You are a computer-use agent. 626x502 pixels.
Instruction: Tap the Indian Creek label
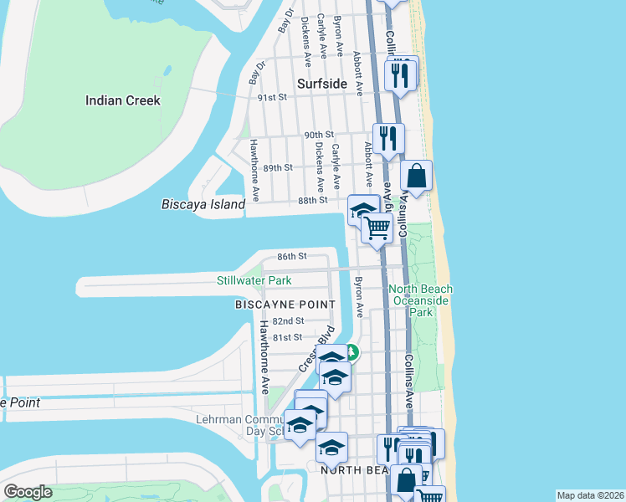click(123, 100)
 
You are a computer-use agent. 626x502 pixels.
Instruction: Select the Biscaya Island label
click(203, 204)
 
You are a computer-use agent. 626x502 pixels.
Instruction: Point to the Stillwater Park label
click(254, 280)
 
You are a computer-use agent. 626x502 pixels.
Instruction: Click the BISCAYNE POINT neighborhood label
click(285, 305)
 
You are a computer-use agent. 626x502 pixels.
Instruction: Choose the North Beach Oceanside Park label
click(421, 300)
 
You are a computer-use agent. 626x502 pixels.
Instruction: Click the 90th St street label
click(319, 135)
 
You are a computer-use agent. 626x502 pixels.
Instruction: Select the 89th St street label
click(277, 167)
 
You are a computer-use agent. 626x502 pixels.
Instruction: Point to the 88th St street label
click(311, 201)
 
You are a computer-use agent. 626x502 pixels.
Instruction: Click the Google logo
click(28, 492)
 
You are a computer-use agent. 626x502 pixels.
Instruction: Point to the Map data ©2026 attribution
click(589, 495)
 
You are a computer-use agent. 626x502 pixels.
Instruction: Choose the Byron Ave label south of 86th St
click(360, 298)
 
